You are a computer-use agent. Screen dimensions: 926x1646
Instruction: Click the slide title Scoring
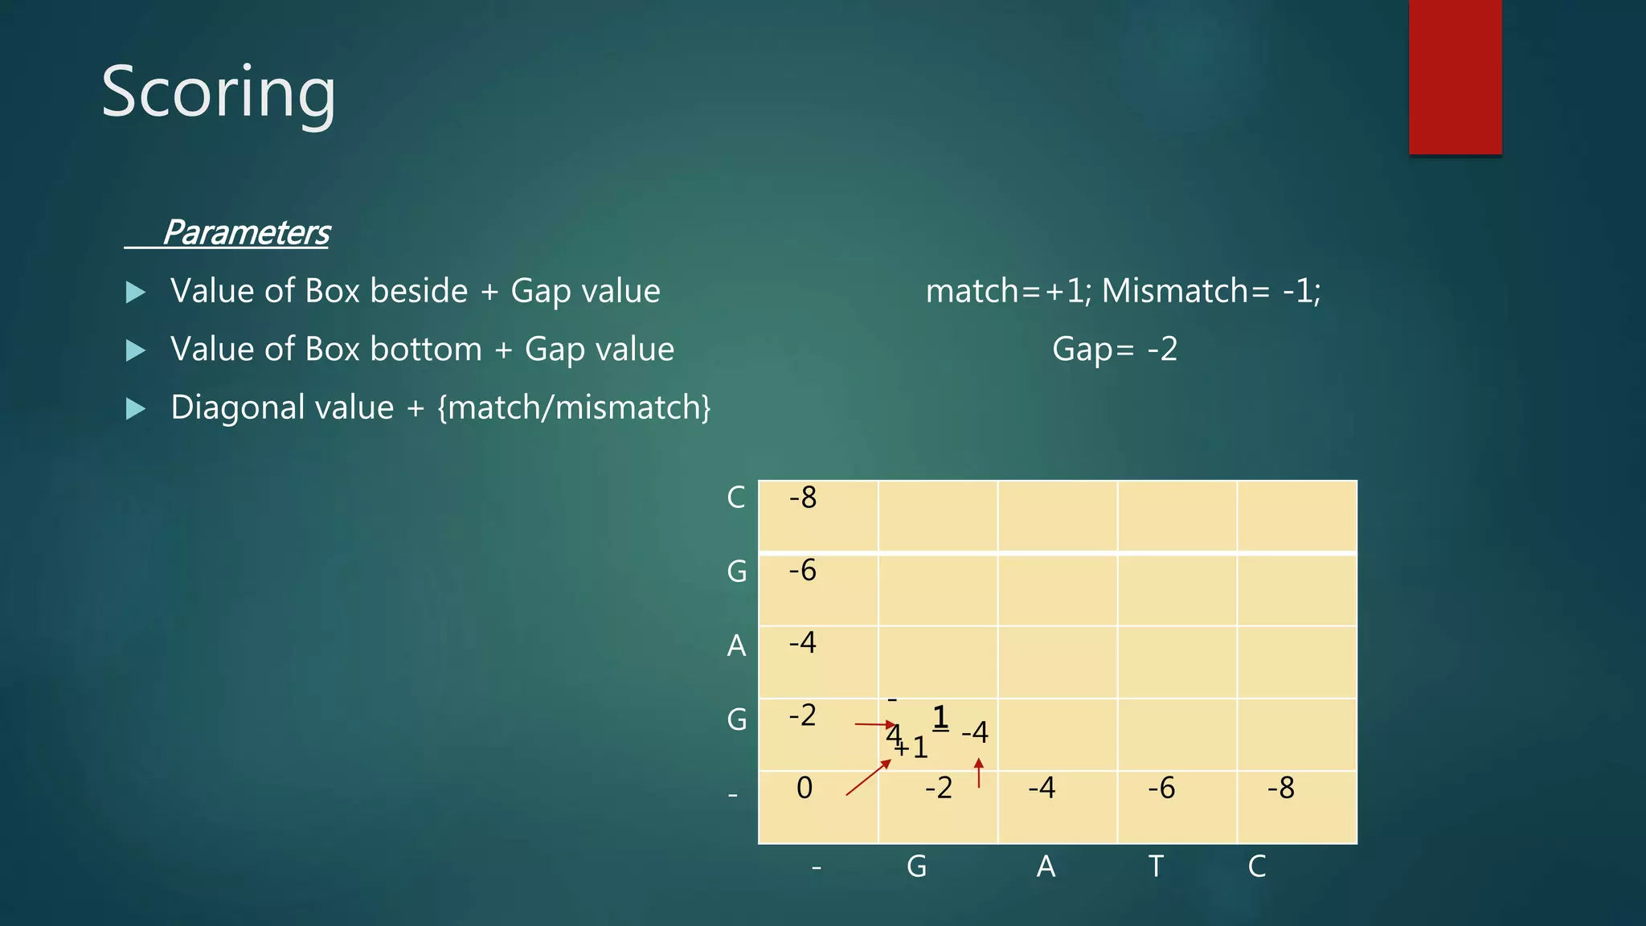218,93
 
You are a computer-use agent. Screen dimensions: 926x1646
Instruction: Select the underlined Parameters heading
246,233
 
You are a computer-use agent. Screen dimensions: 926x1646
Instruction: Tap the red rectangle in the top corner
1455,77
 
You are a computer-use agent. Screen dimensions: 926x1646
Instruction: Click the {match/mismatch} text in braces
574,408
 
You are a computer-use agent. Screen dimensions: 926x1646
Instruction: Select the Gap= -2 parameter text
1115,350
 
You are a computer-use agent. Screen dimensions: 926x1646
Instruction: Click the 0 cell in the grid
805,788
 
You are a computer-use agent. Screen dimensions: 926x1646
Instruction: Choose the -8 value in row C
803,498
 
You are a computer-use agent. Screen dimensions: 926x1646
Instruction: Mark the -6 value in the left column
803,570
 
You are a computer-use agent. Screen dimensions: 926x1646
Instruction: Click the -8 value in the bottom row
1281,788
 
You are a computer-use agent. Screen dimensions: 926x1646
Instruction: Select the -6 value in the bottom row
1161,788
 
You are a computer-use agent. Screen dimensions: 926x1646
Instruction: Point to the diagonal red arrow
868,777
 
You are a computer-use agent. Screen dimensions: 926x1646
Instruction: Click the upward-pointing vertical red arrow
978,772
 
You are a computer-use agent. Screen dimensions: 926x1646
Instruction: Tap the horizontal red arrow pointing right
875,724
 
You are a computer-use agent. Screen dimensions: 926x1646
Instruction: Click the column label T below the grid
1156,867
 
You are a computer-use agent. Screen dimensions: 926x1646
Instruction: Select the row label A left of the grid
736,645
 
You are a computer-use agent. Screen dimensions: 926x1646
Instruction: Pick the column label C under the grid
1257,867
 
